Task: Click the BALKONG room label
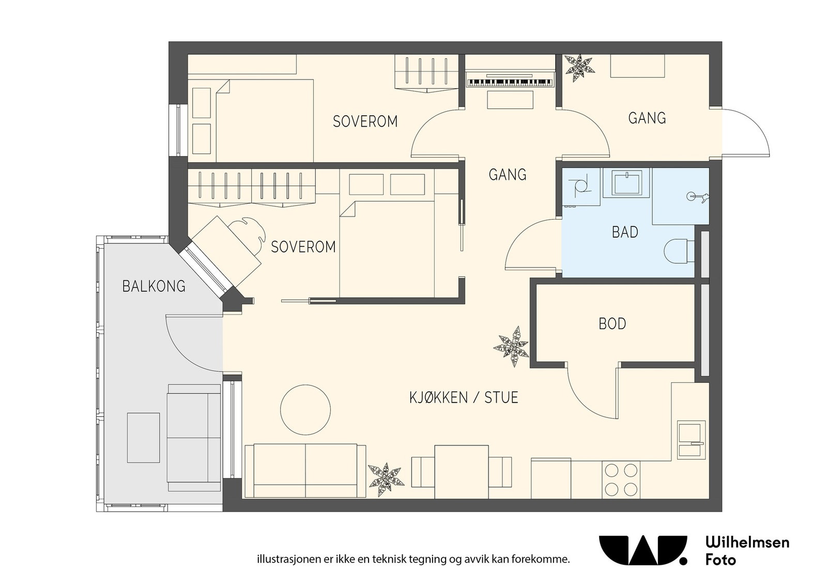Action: tap(154, 286)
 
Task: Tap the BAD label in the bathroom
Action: tap(625, 232)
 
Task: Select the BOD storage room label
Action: tap(612, 324)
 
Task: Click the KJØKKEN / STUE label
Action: tap(464, 397)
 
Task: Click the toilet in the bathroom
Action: tap(679, 251)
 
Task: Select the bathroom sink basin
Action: tap(626, 183)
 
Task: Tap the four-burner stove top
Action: tap(621, 480)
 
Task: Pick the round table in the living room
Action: tap(305, 410)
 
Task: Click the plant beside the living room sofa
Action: tap(386, 480)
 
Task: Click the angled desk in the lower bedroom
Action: tap(227, 252)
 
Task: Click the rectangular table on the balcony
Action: tap(144, 438)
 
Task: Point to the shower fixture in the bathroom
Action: tap(697, 197)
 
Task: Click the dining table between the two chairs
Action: tap(462, 472)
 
